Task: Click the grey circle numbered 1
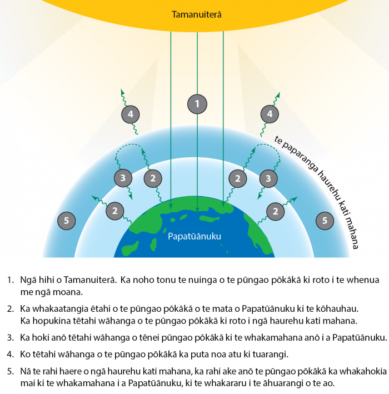(197, 104)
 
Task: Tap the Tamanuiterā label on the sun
(197, 14)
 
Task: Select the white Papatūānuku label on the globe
(194, 236)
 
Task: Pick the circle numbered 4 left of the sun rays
(131, 114)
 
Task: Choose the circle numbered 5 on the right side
(325, 221)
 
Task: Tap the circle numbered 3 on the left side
(123, 178)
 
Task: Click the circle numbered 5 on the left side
(66, 221)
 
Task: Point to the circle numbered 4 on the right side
(270, 114)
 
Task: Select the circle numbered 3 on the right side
(268, 178)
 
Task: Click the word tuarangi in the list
(269, 355)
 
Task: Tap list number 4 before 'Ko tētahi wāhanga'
(11, 355)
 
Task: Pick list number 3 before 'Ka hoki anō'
(11, 337)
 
